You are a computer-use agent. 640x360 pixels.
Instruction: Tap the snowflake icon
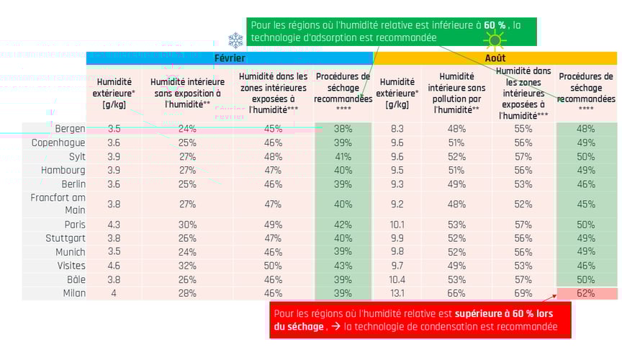pos(235,40)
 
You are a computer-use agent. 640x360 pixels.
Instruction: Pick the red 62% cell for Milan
pos(586,293)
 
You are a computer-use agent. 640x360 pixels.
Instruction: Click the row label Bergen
pos(70,129)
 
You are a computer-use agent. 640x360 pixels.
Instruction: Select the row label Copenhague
pos(58,143)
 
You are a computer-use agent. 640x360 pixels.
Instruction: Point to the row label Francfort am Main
pos(58,204)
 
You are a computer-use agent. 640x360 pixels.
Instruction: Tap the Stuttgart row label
pos(63,238)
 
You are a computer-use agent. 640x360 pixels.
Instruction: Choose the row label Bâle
pos(75,279)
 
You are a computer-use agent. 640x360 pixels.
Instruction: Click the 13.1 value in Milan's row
pos(397,293)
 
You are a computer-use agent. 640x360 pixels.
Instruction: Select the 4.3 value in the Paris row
pos(114,225)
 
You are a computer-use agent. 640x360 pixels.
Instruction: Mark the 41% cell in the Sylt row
pos(343,156)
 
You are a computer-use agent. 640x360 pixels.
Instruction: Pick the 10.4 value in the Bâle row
pos(397,279)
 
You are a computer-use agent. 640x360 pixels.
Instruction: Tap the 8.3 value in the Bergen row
pos(397,129)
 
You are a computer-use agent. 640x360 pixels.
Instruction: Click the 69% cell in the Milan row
pos(523,293)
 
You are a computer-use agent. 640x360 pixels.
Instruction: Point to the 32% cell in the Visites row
pos(187,266)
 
